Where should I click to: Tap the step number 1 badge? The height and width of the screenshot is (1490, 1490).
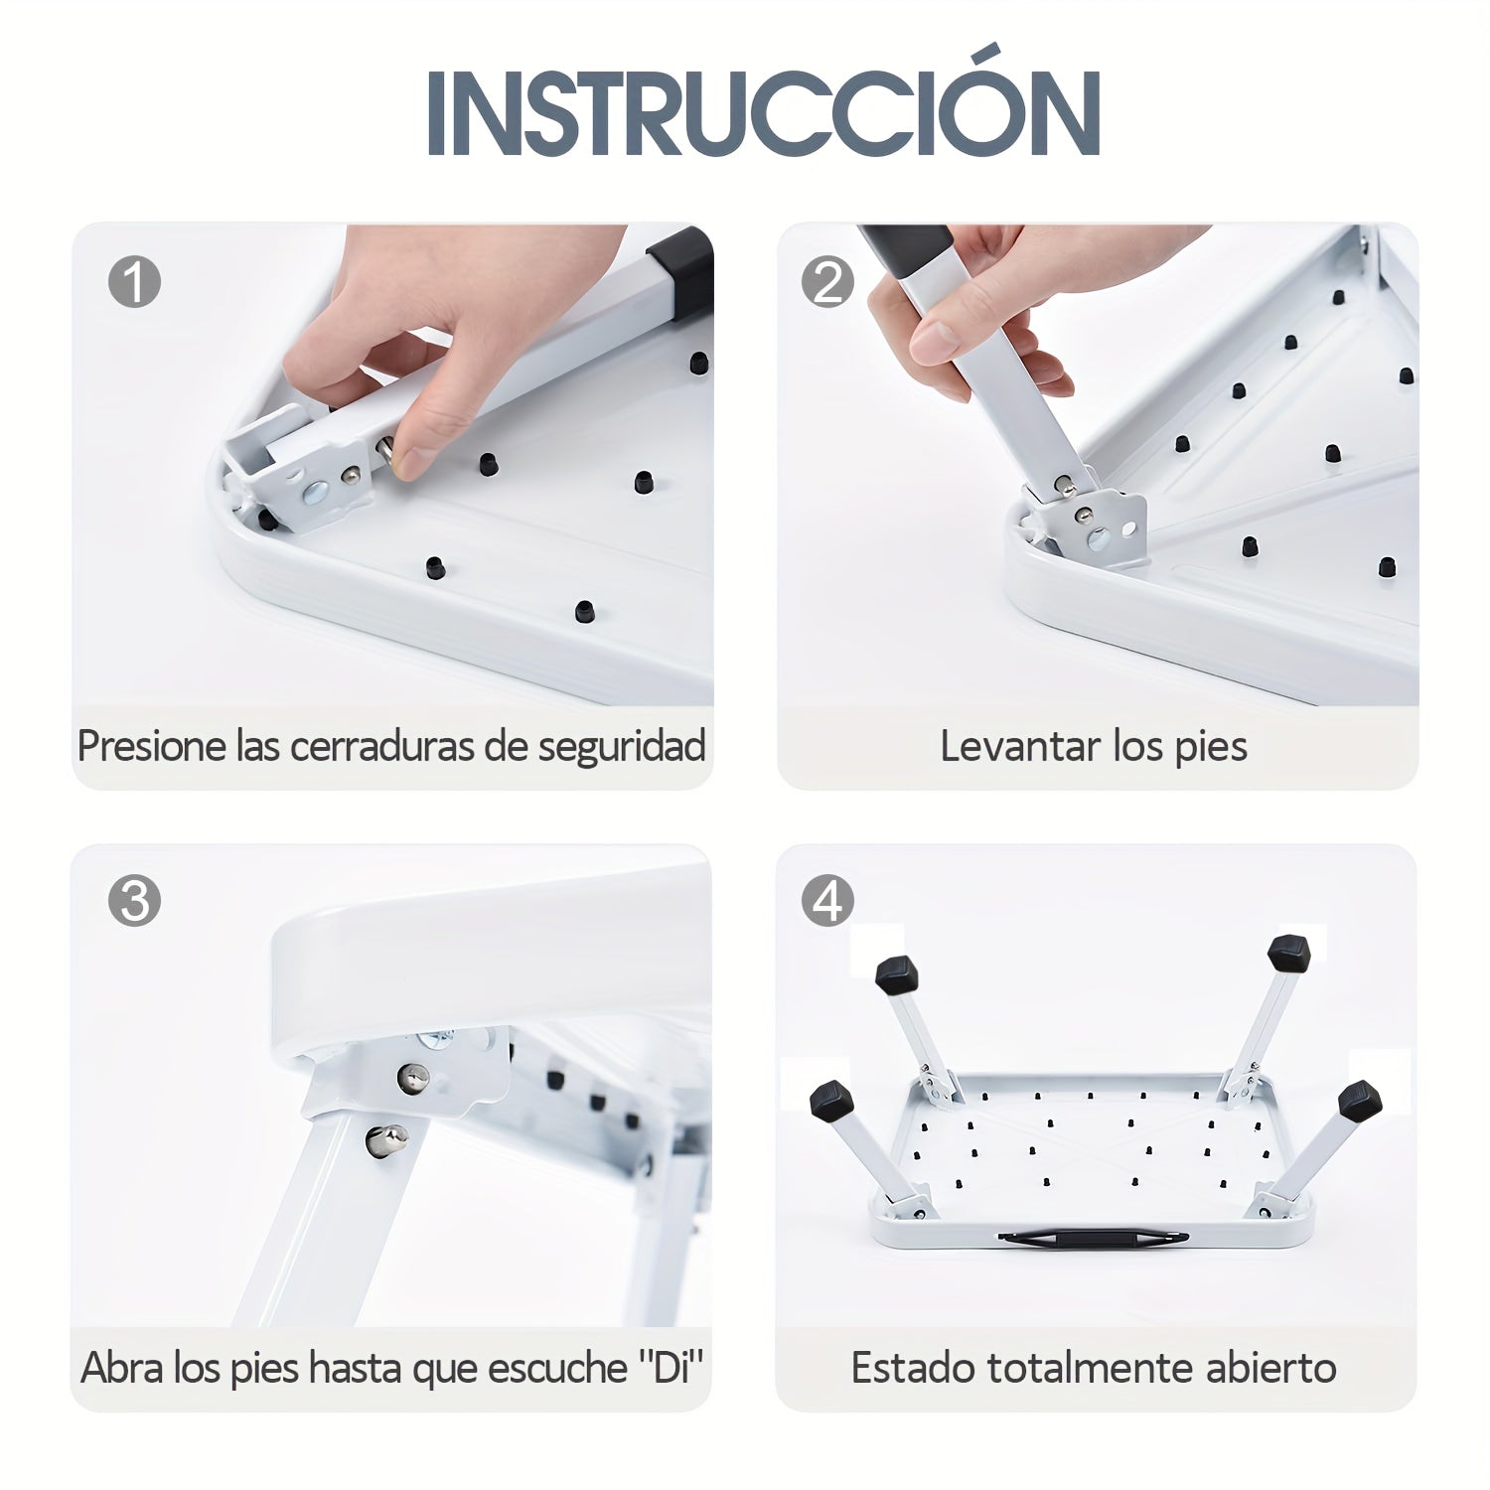(134, 282)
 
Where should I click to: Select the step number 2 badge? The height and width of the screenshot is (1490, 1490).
(827, 282)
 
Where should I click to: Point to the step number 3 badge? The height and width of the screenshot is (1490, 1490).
(134, 902)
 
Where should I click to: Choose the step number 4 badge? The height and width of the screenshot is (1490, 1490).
(827, 902)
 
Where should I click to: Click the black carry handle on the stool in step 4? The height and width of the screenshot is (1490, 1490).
(1093, 1239)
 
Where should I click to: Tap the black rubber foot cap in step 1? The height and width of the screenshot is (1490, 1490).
(681, 268)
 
